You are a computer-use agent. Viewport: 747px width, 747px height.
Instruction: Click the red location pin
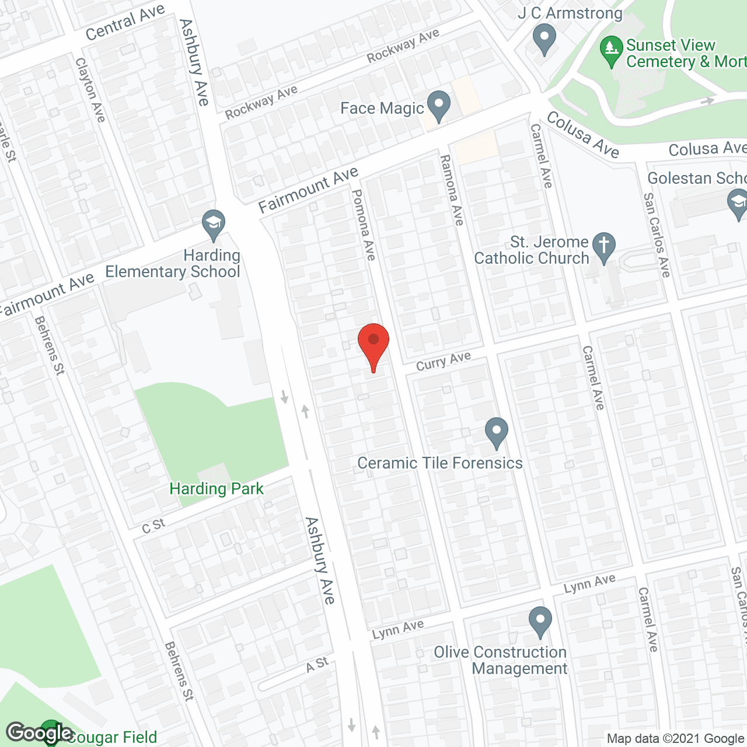coord(373,343)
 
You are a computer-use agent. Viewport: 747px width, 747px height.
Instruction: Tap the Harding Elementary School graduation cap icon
coord(214,224)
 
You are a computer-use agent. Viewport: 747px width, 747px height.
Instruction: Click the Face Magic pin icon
coord(439,106)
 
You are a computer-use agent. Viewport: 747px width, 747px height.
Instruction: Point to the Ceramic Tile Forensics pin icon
coord(497,432)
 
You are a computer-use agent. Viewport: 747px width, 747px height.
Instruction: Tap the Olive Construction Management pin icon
coord(540,622)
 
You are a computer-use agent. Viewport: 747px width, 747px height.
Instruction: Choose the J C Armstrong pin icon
coord(544,40)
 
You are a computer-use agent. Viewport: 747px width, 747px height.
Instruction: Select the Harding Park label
coord(217,489)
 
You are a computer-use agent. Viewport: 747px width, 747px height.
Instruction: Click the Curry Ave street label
coord(444,362)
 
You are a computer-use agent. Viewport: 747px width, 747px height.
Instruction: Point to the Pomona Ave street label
coord(364,225)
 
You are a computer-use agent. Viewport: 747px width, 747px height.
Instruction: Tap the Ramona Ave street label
coord(452,190)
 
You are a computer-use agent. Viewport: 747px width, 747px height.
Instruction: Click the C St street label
coord(154,526)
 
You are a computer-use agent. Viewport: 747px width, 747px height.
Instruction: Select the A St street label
coord(317,665)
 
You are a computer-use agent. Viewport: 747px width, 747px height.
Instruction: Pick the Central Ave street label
coord(125,23)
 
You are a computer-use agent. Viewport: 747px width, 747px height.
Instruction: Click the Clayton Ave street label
coord(90,90)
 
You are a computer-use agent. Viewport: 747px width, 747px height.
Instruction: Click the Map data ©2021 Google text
coord(675,739)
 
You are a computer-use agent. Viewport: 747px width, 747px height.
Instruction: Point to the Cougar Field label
coord(111,738)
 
